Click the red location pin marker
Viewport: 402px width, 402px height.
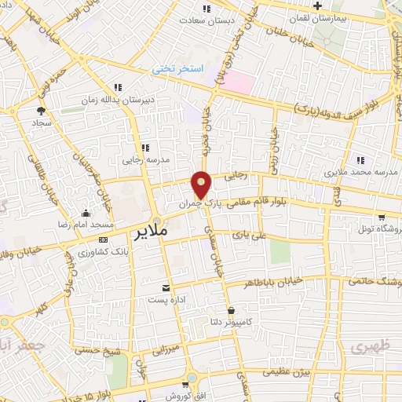(x=202, y=185)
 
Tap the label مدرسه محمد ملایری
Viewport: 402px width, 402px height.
(x=365, y=171)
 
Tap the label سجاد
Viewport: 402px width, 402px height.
(x=41, y=124)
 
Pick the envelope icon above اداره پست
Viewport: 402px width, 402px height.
(x=166, y=288)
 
